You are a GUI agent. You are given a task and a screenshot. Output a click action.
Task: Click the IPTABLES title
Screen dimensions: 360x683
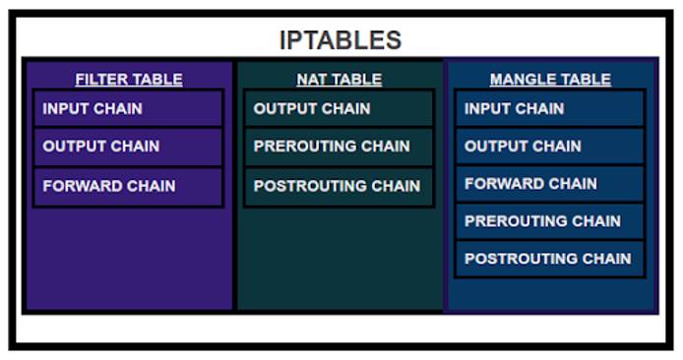[340, 40]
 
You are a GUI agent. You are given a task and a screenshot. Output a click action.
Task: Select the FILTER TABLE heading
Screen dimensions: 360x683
[128, 79]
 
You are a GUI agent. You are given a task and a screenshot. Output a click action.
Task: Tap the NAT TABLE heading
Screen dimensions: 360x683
[339, 79]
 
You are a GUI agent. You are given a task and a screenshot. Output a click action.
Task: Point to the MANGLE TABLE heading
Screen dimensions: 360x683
[550, 79]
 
